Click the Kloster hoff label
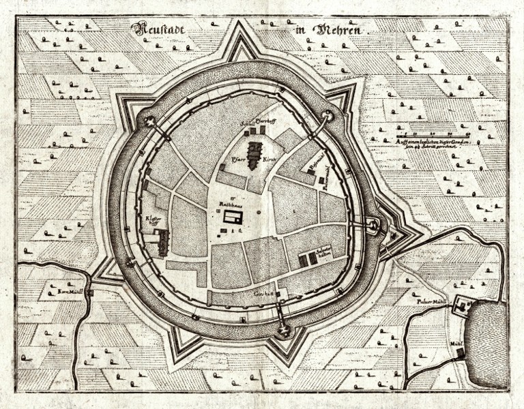pyautogui.click(x=154, y=220)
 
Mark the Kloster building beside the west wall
pyautogui.click(x=162, y=243)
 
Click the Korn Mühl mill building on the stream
pyautogui.click(x=90, y=291)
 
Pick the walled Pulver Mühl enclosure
pyautogui.click(x=464, y=307)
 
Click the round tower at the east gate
pyautogui.click(x=373, y=225)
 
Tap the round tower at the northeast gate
pyautogui.click(x=329, y=117)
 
